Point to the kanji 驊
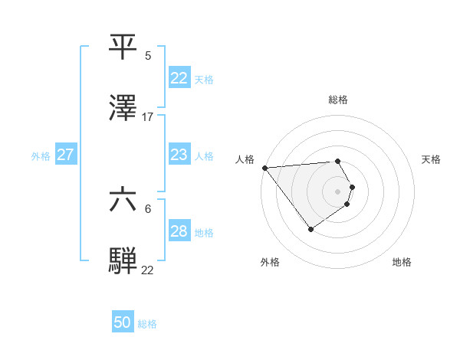pos(123,260)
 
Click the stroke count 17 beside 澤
pos(148,117)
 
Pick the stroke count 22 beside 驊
pos(148,270)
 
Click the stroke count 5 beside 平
pos(148,56)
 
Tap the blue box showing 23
pos(179,155)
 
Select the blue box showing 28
pos(179,231)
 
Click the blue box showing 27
pos(66,155)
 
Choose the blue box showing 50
pos(123,323)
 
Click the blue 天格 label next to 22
pos(204,80)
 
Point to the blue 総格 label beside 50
pos(147,324)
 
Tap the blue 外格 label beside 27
pos(41,155)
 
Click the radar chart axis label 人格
pos(245,159)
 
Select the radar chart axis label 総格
pos(338,100)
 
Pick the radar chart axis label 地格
pos(402,262)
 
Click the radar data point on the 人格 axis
pos(264,168)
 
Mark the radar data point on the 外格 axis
pos(310,229)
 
